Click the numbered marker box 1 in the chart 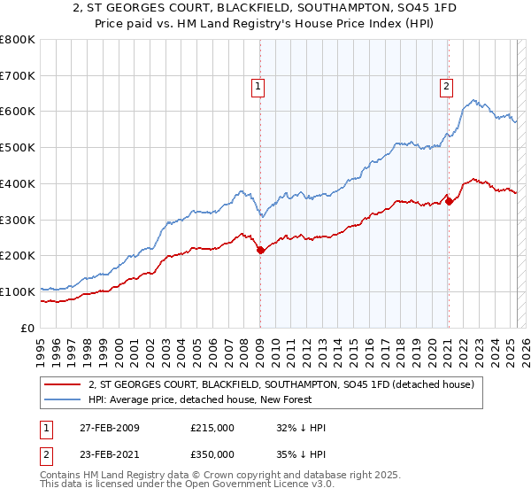258,87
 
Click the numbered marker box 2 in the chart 446,87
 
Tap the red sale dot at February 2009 260,251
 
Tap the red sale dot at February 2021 449,201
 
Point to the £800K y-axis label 18,40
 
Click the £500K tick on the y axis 18,148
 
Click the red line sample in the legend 63,384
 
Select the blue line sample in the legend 63,399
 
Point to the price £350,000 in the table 212,453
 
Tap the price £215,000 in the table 212,428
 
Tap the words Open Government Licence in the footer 242,485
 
